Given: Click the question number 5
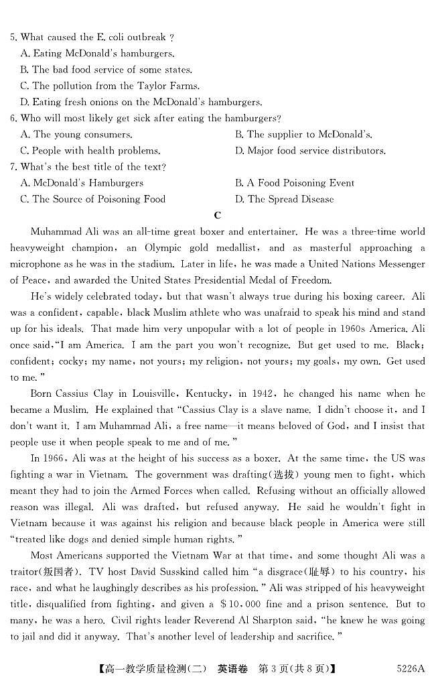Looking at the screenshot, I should pyautogui.click(x=13, y=38).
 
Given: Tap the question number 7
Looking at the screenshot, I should pyautogui.click(x=13, y=167).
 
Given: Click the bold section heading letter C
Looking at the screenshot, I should pyautogui.click(x=217, y=215).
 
